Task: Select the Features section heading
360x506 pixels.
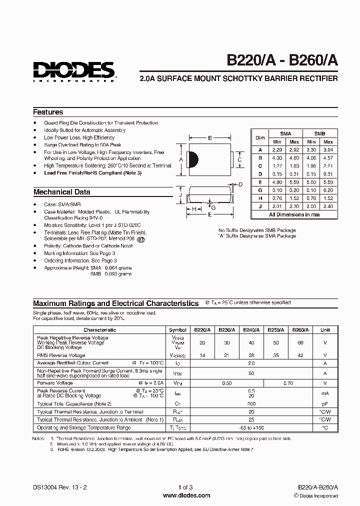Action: point(48,112)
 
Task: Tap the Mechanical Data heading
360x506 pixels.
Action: point(61,192)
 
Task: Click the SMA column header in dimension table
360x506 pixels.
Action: point(285,134)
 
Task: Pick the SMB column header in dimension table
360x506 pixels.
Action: point(319,134)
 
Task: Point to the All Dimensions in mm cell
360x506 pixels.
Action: point(294,214)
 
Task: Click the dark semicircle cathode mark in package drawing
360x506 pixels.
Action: point(194,159)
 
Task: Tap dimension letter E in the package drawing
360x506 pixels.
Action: point(209,214)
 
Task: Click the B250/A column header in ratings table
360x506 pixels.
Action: point(275,330)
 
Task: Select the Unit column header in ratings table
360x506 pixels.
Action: point(325,330)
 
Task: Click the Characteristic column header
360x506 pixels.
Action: point(99,330)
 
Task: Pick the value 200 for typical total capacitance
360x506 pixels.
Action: point(251,403)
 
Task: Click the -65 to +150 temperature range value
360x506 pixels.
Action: point(251,428)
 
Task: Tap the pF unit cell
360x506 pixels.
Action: point(325,403)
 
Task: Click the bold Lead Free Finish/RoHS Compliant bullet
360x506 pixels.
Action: point(93,172)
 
